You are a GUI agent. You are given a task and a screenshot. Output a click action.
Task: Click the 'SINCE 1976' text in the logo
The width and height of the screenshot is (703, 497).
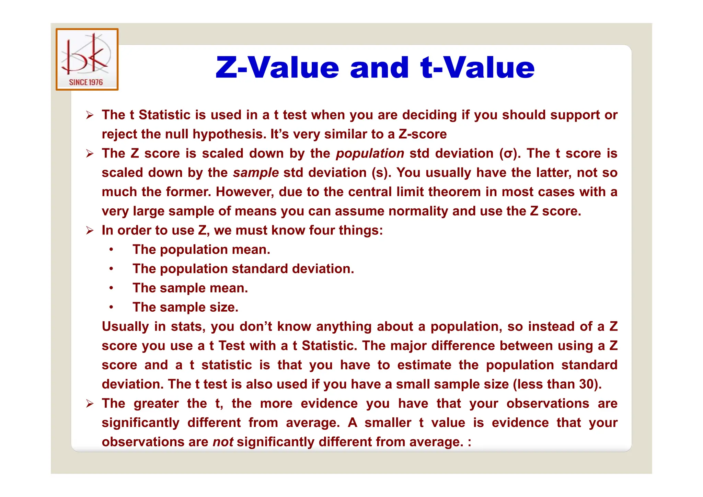coord(86,82)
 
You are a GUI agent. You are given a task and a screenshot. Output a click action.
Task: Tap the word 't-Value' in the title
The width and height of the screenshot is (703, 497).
coord(477,67)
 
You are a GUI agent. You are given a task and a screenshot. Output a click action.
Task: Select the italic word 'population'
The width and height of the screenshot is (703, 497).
coord(370,153)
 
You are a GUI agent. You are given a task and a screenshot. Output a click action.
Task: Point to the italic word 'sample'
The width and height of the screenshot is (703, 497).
coord(256,173)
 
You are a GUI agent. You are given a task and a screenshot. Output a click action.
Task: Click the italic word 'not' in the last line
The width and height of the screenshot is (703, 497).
coord(223,442)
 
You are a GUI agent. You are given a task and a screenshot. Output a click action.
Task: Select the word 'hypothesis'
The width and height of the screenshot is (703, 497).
coord(229,134)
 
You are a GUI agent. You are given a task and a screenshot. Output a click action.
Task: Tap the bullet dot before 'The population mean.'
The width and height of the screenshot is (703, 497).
coord(111,250)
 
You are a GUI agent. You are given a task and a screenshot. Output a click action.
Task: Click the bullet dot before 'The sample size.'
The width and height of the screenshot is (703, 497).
coord(111,307)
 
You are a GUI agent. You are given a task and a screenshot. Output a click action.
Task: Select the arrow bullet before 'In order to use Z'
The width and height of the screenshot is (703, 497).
coord(90,230)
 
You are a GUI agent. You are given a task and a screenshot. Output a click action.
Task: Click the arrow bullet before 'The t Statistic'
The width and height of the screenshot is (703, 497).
coord(90,115)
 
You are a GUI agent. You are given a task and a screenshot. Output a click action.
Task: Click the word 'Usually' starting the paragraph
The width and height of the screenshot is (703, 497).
coord(125,326)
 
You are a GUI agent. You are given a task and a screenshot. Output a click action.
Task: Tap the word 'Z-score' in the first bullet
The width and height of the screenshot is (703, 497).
coord(423,134)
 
